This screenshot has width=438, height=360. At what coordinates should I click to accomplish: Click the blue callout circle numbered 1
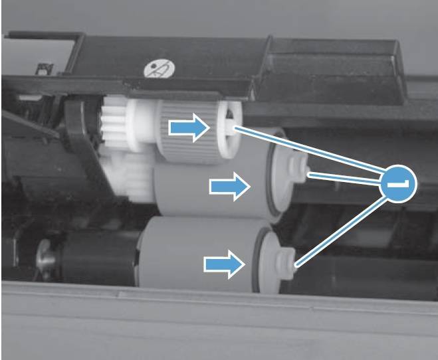click(x=397, y=184)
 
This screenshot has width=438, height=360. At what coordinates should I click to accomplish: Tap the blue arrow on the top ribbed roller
click(x=189, y=128)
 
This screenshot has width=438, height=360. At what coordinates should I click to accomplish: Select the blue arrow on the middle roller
click(x=230, y=187)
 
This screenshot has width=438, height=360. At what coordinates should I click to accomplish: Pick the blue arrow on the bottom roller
click(x=224, y=264)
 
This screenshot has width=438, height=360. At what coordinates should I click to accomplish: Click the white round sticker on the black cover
click(x=160, y=68)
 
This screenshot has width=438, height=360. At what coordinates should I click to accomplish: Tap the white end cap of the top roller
click(x=229, y=130)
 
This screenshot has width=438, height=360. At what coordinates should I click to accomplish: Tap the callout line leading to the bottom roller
click(x=342, y=230)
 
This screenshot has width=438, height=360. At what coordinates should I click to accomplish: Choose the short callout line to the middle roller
click(x=345, y=178)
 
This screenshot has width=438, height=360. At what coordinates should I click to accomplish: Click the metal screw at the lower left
click(x=45, y=259)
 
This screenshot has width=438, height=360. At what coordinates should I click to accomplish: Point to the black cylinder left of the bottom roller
click(x=98, y=258)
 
